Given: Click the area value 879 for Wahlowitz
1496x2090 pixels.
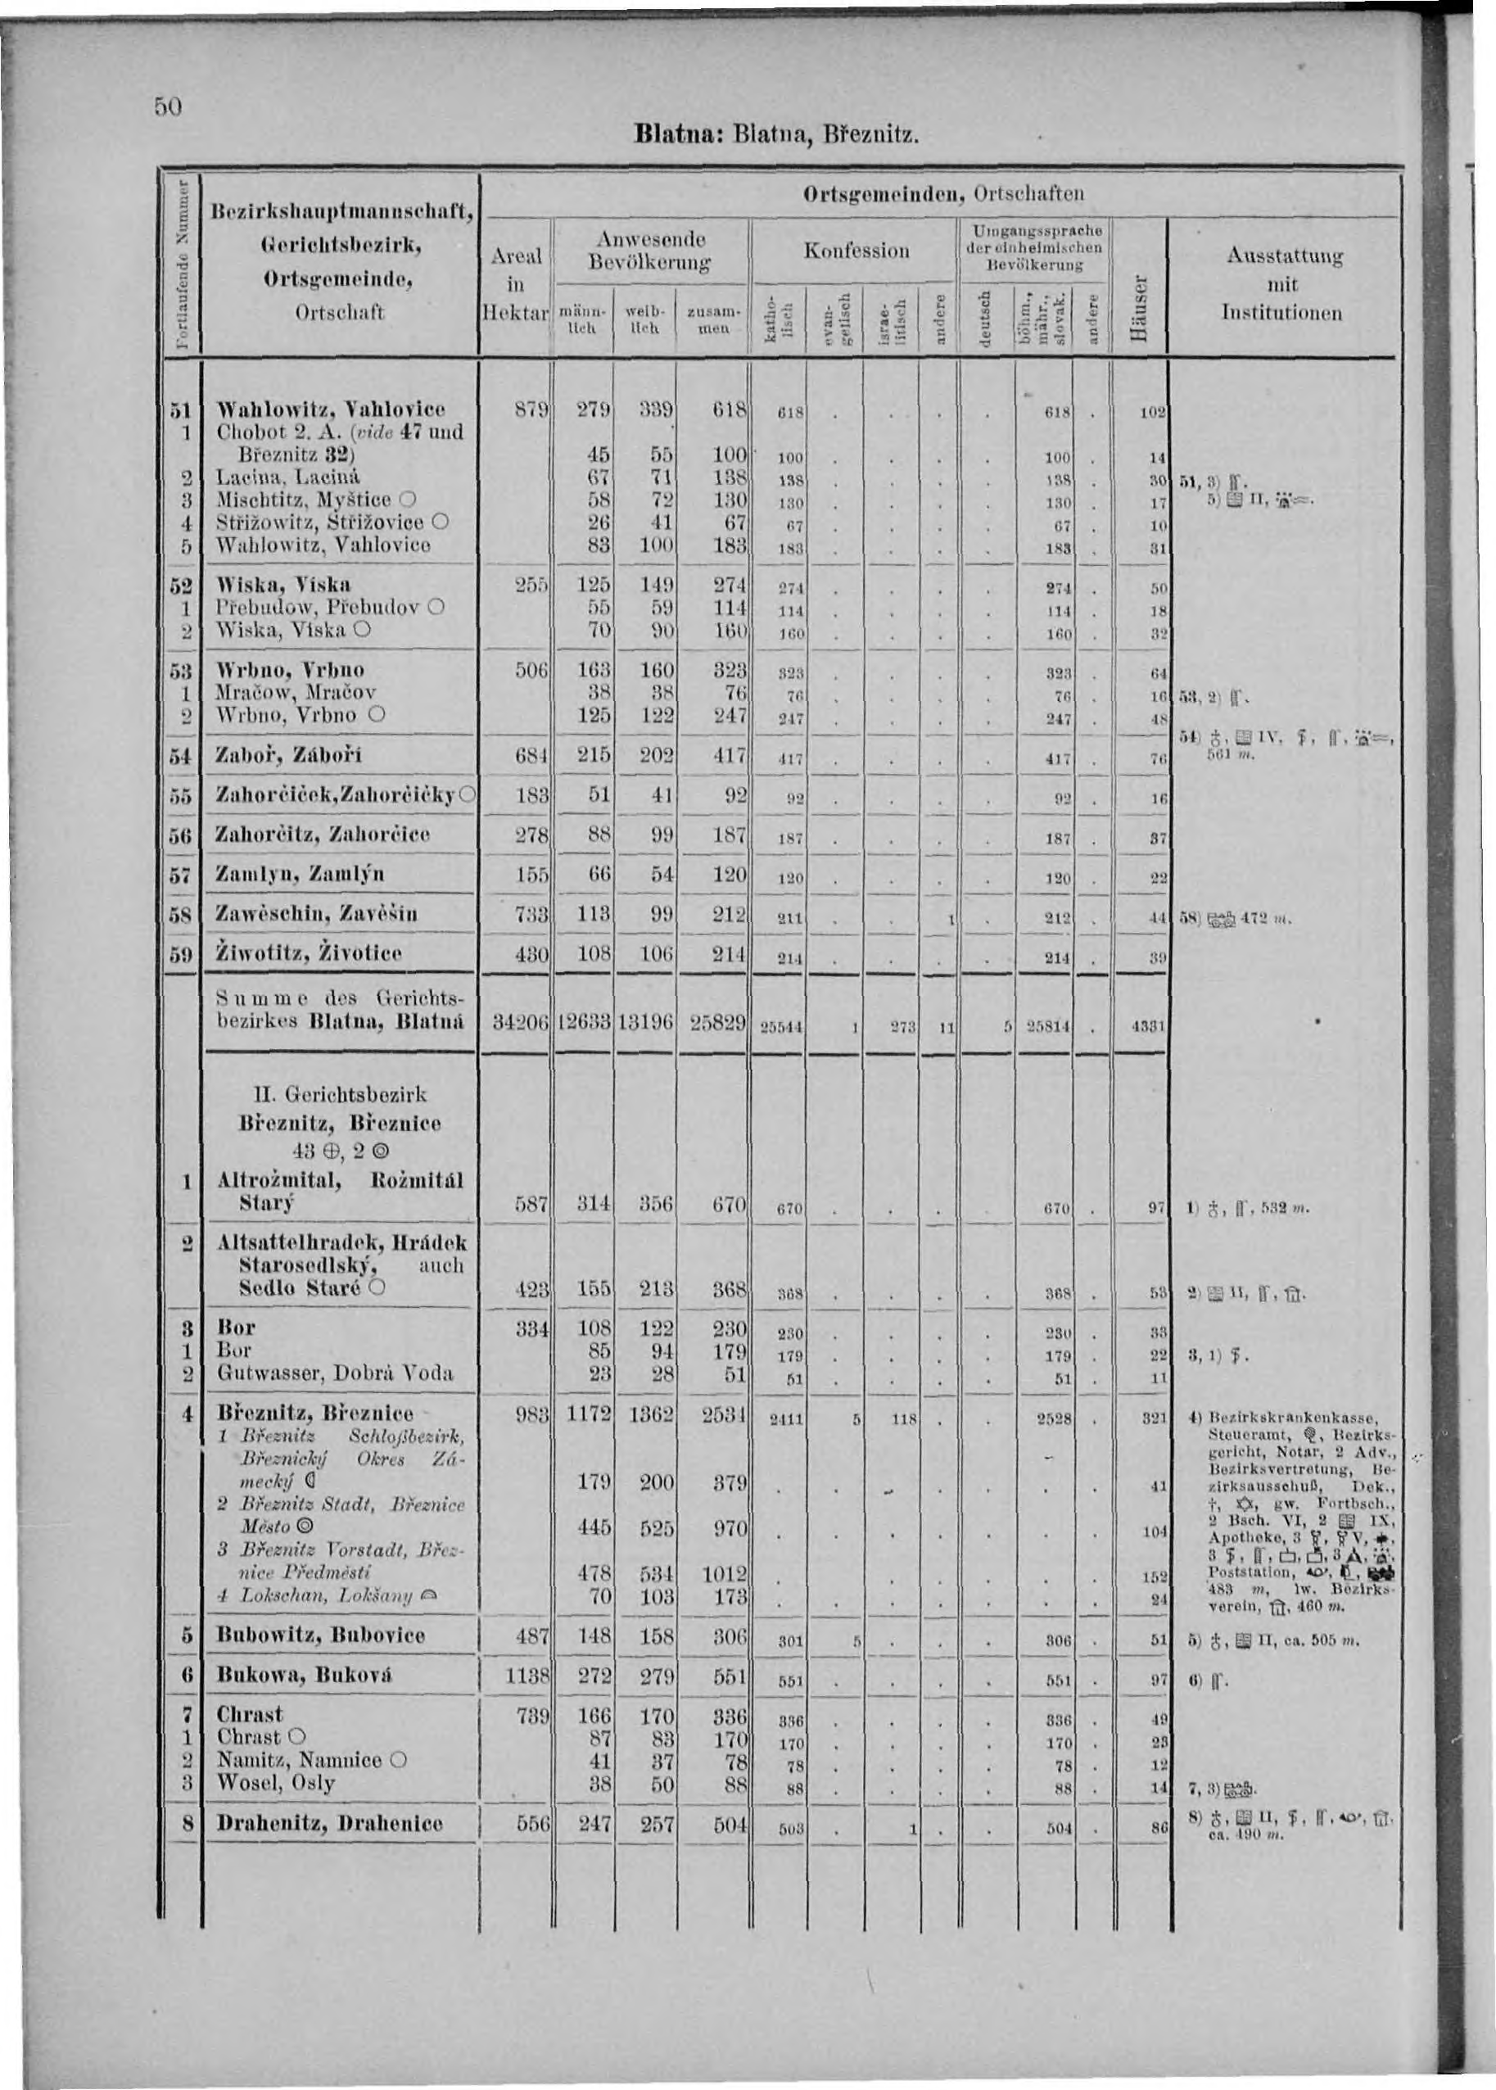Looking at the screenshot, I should point(531,408).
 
